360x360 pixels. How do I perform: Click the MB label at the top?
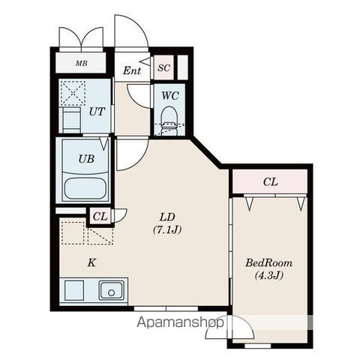point(82,63)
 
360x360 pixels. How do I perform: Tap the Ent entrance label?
point(132,70)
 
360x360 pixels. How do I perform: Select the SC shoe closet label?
point(164,67)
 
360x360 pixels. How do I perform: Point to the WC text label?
point(170,95)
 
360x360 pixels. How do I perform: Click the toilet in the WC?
point(169,121)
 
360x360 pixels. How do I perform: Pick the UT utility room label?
point(97,112)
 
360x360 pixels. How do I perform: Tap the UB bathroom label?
point(86,159)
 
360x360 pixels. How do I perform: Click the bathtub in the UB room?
point(85,188)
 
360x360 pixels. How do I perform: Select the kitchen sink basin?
point(112,290)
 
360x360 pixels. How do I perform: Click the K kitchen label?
point(91,262)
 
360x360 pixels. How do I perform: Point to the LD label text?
point(167,217)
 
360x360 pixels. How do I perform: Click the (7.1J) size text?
point(167,229)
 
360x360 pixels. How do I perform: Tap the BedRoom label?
point(268,263)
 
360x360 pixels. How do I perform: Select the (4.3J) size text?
point(269,276)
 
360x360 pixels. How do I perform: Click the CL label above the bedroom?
point(270,182)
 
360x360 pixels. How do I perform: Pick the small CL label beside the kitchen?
point(100,217)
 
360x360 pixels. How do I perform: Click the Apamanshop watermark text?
point(180,322)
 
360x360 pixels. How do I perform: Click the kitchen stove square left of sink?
point(74,290)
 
